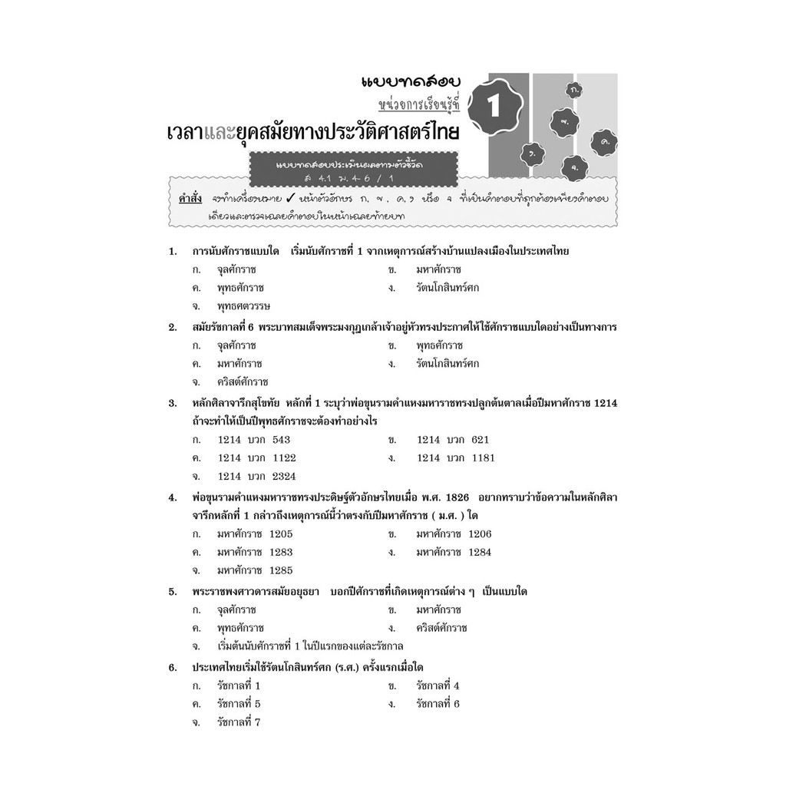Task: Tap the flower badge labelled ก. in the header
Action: tap(575, 91)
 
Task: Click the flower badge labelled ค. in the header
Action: tap(605, 142)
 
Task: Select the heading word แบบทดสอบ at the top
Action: tap(399, 81)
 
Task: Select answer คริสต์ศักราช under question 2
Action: tap(243, 381)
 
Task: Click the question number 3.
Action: tap(173, 403)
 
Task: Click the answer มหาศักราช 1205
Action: tap(255, 534)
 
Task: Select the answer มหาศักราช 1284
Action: tap(454, 552)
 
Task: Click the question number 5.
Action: tap(173, 592)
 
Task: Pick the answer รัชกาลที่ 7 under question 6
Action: tap(239, 722)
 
